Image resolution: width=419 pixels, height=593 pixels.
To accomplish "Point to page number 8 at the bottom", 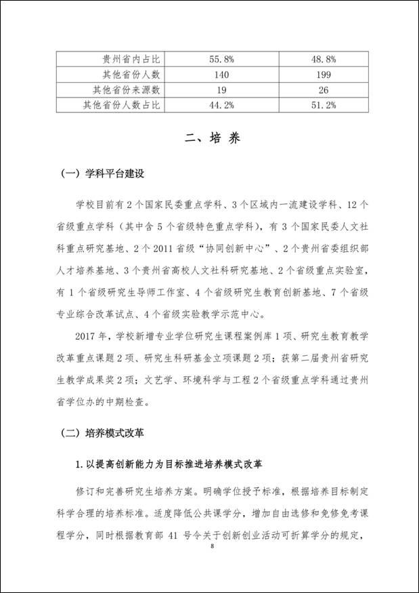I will [x=212, y=546].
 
